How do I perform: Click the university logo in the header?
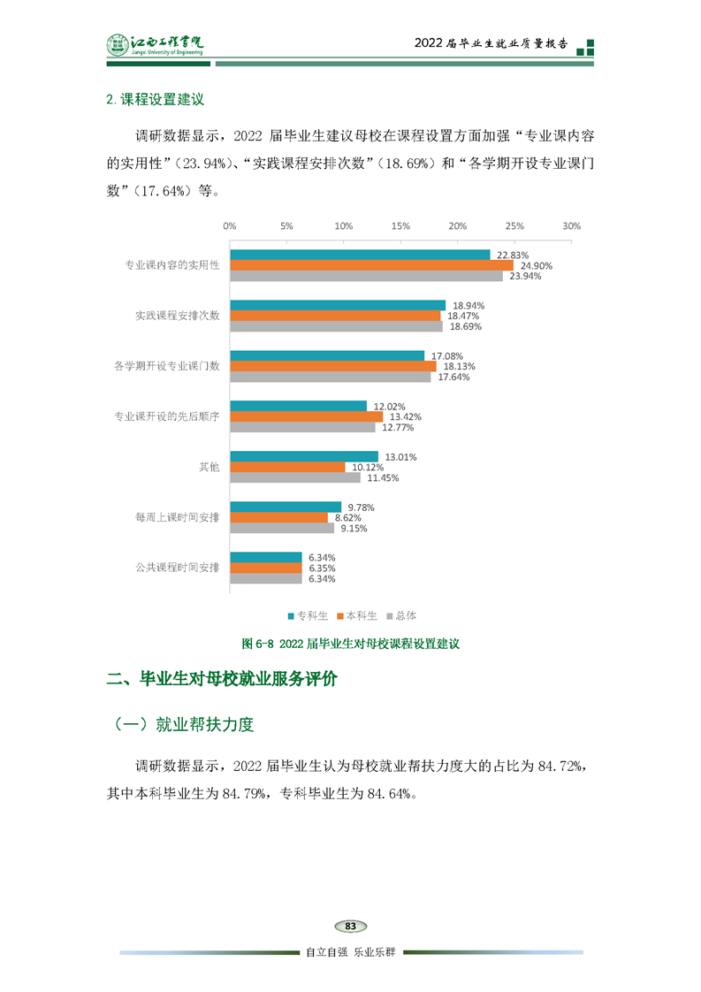(156, 44)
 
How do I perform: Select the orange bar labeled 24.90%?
(371, 265)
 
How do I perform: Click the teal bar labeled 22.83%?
(360, 255)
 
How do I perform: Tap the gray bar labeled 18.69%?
(336, 326)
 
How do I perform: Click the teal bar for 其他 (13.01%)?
(304, 457)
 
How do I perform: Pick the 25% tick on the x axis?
(514, 226)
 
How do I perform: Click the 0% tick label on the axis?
(229, 226)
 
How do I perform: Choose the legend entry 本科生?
(357, 615)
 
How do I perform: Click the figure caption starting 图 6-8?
(352, 644)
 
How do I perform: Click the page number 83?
(351, 926)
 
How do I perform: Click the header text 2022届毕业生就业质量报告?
(492, 45)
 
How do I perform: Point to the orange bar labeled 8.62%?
(278, 517)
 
